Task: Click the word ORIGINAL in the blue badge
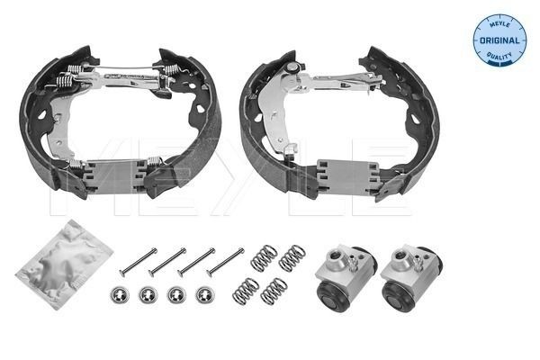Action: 499,40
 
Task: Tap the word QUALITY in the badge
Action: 499,58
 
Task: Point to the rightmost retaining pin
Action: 225,261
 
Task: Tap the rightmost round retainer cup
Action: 205,294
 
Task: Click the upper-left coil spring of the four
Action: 263,259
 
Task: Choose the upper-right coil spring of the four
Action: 292,258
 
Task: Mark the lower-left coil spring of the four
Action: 246,291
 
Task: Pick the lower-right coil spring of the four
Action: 274,292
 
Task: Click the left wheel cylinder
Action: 341,274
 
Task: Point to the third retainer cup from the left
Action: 177,294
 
